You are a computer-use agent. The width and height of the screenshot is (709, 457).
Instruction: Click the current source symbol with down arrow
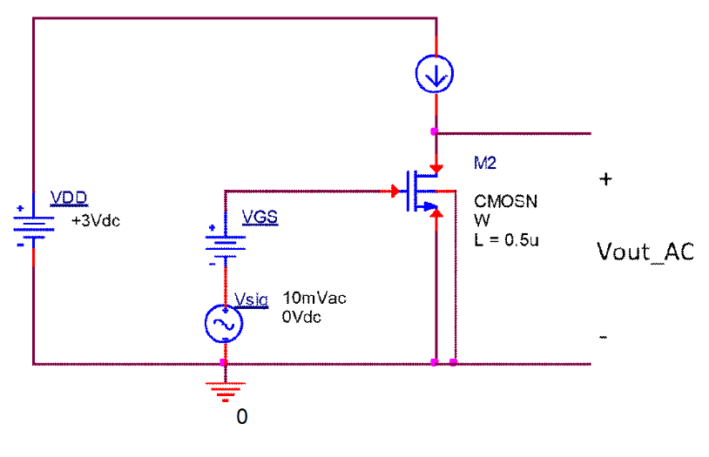(x=434, y=77)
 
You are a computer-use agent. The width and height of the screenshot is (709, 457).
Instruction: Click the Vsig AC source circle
(x=224, y=324)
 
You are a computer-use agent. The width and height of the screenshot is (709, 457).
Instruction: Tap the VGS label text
(x=260, y=217)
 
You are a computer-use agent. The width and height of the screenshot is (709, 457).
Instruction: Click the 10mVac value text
(x=314, y=299)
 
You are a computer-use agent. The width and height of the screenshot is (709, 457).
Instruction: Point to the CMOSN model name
(x=505, y=201)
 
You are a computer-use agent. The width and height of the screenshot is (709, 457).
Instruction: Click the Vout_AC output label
(x=645, y=252)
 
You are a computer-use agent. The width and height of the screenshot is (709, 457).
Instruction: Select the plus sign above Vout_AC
(x=605, y=179)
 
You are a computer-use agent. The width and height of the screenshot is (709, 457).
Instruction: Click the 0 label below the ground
(x=242, y=417)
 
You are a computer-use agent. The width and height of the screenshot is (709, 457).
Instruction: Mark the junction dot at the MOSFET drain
(x=434, y=131)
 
